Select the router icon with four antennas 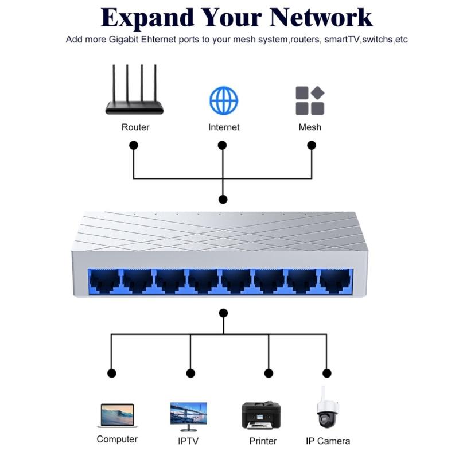point(134,92)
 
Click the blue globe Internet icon point(224,100)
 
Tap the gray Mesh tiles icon point(310,100)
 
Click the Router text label point(135,127)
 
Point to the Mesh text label point(310,127)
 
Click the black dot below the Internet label point(223,145)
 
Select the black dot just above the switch point(223,199)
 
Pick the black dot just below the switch point(223,313)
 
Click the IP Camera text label point(328,441)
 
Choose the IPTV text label point(188,441)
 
